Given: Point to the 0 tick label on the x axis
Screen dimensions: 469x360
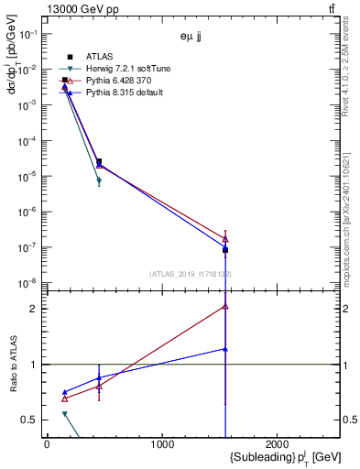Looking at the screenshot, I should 47,444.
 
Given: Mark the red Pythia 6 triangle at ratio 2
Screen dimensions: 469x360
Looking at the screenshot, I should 224,307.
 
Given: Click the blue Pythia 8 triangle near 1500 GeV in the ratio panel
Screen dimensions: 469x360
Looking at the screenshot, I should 224,349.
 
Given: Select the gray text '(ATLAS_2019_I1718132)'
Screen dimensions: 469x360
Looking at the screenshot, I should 190,274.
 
